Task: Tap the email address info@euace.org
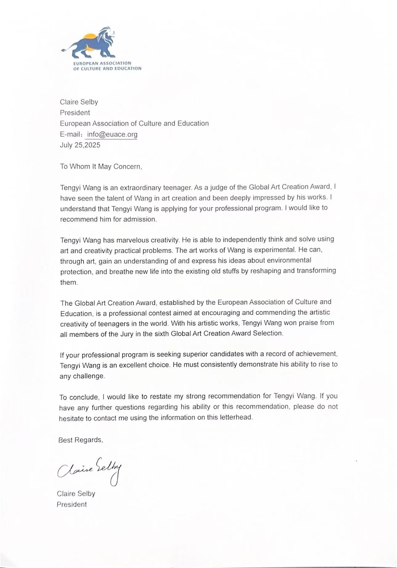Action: (x=112, y=134)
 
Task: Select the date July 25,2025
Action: (x=80, y=145)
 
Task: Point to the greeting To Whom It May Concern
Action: (x=101, y=167)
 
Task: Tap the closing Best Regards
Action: (x=81, y=440)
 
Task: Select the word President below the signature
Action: (x=72, y=505)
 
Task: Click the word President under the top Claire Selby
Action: (x=75, y=113)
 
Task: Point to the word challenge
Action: (x=89, y=376)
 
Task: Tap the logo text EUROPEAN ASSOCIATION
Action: (x=102, y=63)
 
